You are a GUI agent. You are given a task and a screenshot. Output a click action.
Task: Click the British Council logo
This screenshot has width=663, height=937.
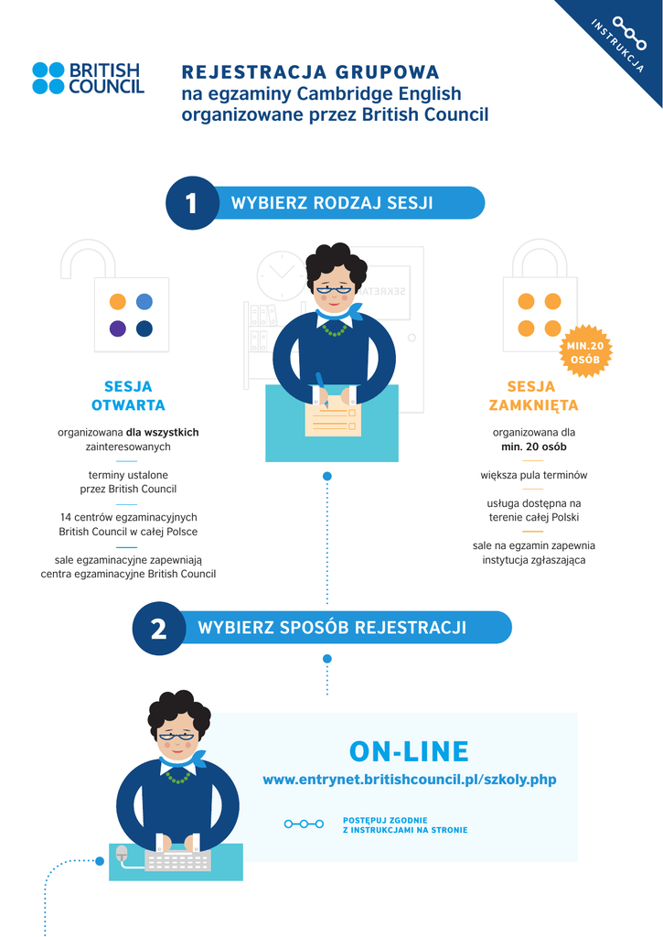88,79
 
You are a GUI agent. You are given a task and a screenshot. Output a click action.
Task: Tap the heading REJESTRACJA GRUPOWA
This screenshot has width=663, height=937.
310,72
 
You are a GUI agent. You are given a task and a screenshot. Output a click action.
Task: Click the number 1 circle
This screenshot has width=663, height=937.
190,203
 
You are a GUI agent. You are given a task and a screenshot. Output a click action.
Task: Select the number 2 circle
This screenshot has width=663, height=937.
158,629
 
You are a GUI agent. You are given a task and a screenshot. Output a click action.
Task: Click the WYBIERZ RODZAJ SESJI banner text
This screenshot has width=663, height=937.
332,203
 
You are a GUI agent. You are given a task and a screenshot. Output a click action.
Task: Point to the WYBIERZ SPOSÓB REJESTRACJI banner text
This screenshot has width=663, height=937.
332,628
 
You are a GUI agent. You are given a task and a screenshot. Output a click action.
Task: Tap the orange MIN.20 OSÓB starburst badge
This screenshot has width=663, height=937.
584,352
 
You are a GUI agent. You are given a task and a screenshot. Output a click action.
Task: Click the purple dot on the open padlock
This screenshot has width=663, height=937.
118,328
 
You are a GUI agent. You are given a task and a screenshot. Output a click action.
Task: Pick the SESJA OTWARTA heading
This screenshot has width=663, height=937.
128,395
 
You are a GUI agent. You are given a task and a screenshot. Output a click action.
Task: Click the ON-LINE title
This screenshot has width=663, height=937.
409,752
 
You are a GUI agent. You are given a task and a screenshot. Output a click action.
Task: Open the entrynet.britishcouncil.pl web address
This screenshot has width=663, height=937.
409,780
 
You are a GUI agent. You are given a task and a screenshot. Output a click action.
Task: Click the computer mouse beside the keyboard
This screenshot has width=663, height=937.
122,854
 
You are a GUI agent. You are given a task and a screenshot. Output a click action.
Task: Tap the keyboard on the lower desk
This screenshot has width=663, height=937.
177,861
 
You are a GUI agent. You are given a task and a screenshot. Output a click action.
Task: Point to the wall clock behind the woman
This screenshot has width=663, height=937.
280,275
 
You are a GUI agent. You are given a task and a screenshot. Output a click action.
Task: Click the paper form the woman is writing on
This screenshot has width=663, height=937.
332,420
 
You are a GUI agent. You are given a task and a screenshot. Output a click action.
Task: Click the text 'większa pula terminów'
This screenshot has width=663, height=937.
533,475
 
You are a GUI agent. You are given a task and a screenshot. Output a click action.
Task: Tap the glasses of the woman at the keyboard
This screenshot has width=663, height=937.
176,735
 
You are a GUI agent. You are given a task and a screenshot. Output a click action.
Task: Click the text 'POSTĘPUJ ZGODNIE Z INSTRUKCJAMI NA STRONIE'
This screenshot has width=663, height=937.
404,824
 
